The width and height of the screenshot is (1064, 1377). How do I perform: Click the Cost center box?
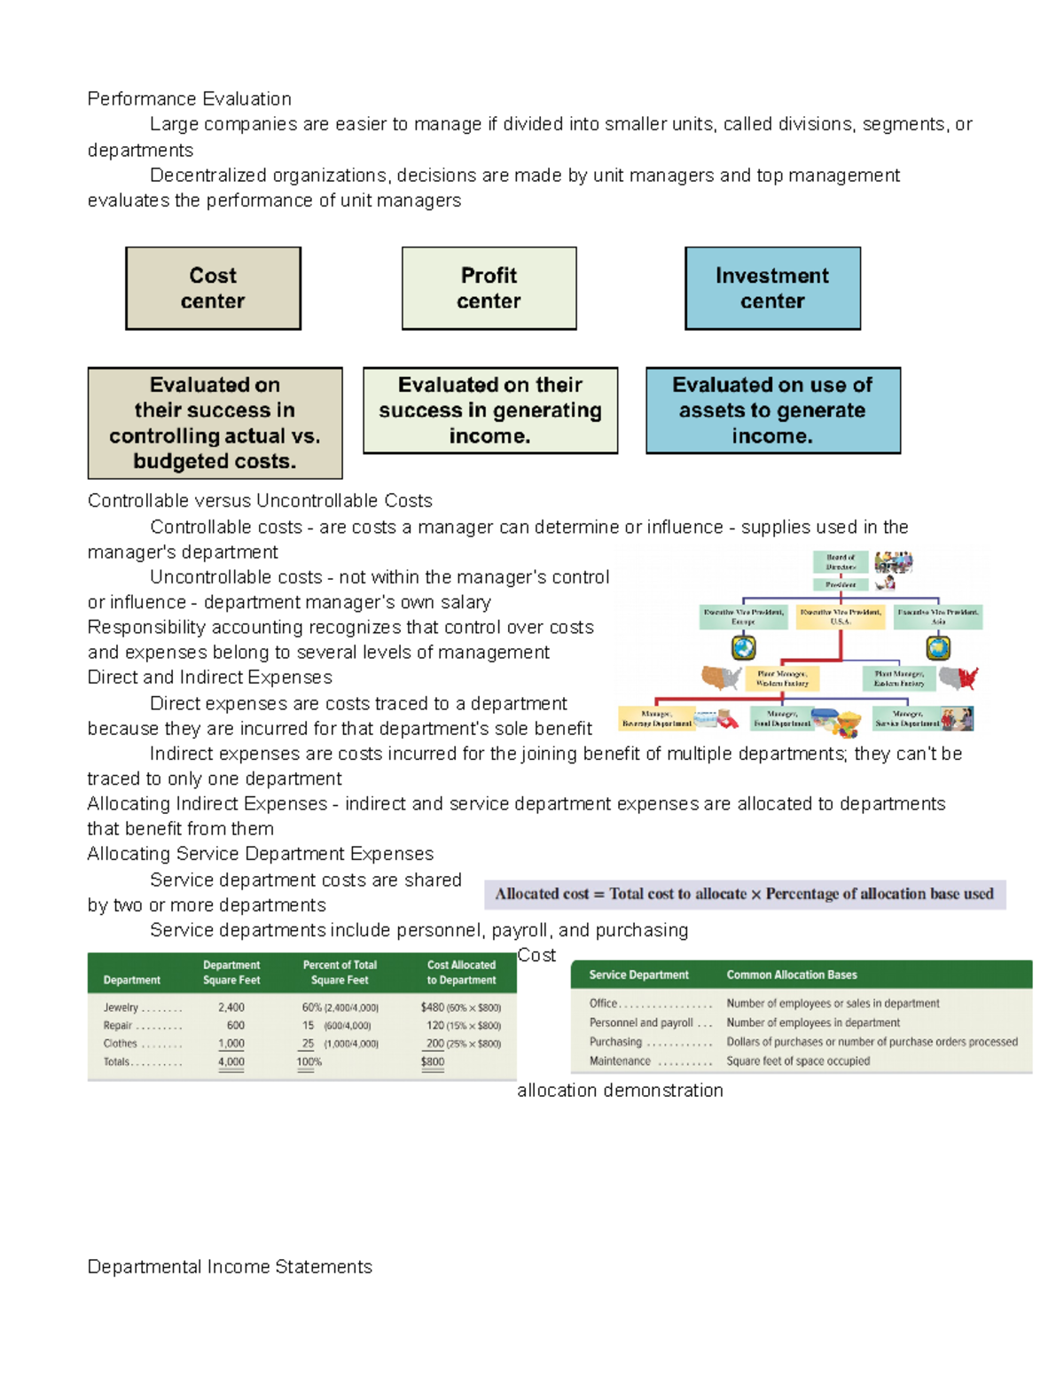pyautogui.click(x=213, y=288)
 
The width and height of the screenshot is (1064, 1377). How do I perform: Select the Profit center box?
pyautogui.click(x=489, y=288)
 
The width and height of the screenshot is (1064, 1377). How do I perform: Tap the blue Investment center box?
pyautogui.click(x=772, y=288)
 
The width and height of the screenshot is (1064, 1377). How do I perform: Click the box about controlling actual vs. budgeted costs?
pyautogui.click(x=215, y=423)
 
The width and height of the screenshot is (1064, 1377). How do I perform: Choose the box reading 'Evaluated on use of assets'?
pyautogui.click(x=772, y=411)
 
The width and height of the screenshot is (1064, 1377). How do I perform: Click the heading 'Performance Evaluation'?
pyautogui.click(x=189, y=98)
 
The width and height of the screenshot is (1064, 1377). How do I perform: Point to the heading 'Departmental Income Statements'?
pyautogui.click(x=230, y=1266)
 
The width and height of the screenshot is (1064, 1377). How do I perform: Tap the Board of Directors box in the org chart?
pyautogui.click(x=841, y=562)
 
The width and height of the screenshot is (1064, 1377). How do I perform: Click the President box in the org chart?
pyautogui.click(x=841, y=584)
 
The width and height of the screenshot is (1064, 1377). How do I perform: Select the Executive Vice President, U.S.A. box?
pyautogui.click(x=841, y=616)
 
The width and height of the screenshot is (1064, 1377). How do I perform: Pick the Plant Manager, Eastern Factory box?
pyautogui.click(x=899, y=678)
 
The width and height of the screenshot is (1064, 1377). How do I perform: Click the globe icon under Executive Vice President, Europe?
pyautogui.click(x=743, y=648)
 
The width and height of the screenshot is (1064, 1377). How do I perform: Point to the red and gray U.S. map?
pyautogui.click(x=958, y=679)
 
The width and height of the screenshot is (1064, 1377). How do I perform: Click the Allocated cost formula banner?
pyautogui.click(x=745, y=894)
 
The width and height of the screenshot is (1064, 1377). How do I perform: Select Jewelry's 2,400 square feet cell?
pyautogui.click(x=231, y=1007)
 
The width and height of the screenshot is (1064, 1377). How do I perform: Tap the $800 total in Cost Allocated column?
pyautogui.click(x=433, y=1061)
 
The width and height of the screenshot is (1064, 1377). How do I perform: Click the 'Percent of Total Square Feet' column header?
pyautogui.click(x=340, y=973)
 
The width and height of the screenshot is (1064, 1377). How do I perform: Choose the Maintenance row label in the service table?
pyautogui.click(x=620, y=1060)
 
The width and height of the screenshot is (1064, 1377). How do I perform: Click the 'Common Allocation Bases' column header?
pyautogui.click(x=792, y=974)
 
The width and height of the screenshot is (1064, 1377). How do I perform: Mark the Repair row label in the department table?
pyautogui.click(x=118, y=1025)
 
